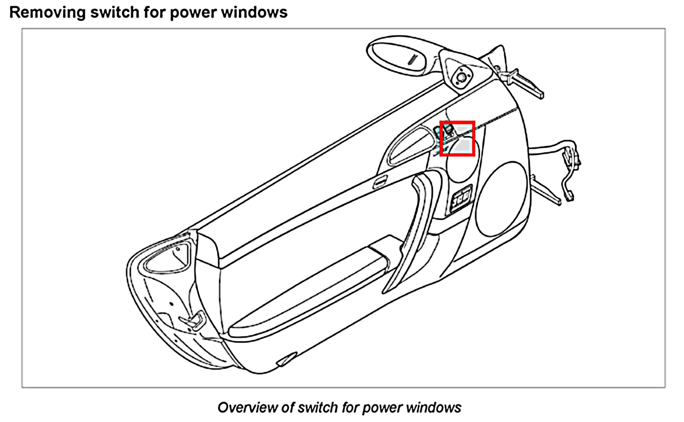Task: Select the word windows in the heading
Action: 254,12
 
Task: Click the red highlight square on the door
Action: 457,138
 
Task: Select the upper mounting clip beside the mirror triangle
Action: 523,83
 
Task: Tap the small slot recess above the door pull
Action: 380,181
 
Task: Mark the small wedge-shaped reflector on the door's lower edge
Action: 286,359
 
